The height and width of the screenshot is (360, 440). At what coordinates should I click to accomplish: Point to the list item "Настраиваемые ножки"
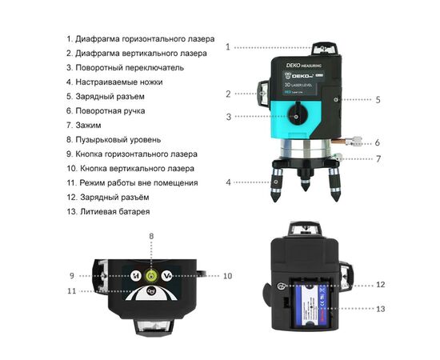coord(119,82)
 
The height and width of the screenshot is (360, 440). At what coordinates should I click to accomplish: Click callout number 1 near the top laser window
coord(228,47)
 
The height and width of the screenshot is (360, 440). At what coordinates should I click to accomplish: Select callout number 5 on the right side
coord(378,100)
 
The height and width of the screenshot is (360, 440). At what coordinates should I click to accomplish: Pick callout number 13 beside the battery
coord(381,308)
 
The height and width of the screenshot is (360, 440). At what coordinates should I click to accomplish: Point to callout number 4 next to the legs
coord(228,182)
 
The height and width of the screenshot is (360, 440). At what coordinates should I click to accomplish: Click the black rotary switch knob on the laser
coord(297,117)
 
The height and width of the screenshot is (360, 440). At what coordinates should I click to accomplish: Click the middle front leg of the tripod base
coord(303,185)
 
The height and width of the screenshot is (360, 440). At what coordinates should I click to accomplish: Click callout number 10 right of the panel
coord(227,275)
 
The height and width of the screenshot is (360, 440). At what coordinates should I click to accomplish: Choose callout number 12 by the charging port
coord(381,284)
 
